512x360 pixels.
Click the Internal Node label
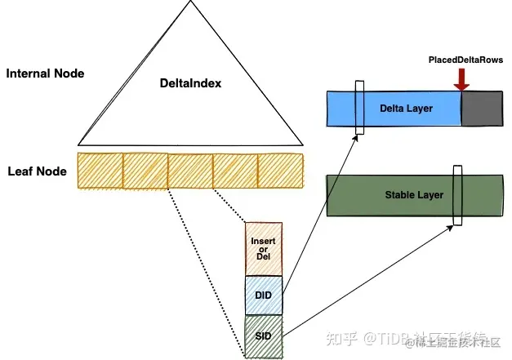tap(45, 73)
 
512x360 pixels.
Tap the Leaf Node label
tap(37, 171)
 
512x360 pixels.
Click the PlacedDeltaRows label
tap(465, 60)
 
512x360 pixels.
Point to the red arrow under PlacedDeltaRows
tap(462, 78)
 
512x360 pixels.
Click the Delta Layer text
tap(406, 108)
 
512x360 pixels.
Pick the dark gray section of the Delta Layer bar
tap(482, 108)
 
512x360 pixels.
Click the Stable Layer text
tap(413, 195)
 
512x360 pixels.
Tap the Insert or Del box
tap(264, 249)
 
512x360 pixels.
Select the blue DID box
tap(264, 295)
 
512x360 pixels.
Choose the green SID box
tap(264, 335)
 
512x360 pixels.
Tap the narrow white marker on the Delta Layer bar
tap(359, 108)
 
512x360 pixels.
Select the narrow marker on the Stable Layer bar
tap(457, 194)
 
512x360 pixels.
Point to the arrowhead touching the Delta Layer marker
tap(357, 139)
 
